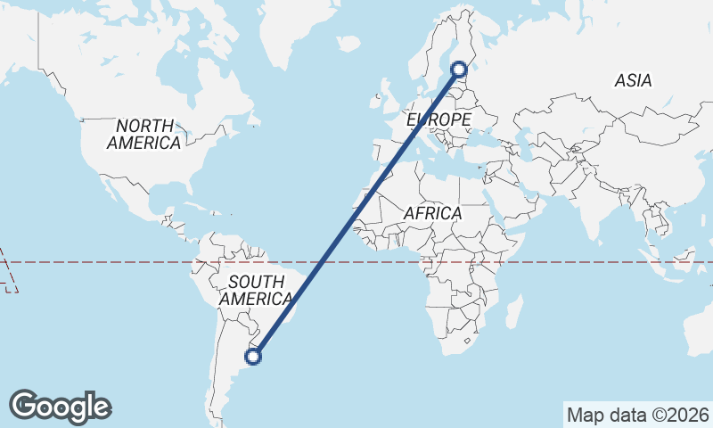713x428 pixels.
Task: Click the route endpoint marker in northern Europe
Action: tap(459, 69)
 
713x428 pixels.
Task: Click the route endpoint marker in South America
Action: tap(254, 357)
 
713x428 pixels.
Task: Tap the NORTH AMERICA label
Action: tap(144, 134)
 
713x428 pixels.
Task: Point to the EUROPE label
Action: tap(438, 119)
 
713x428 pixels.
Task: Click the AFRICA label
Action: tap(432, 214)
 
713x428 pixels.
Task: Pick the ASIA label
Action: tap(633, 80)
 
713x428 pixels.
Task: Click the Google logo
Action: tap(61, 407)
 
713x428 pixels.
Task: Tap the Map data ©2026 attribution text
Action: tap(638, 415)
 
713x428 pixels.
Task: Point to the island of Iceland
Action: tap(348, 43)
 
